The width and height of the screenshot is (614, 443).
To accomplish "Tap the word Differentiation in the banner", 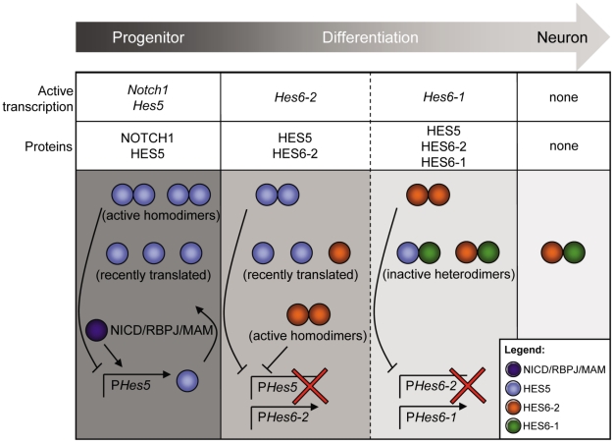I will click(x=381, y=37).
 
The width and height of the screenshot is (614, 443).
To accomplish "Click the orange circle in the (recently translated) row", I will click(x=335, y=253).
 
